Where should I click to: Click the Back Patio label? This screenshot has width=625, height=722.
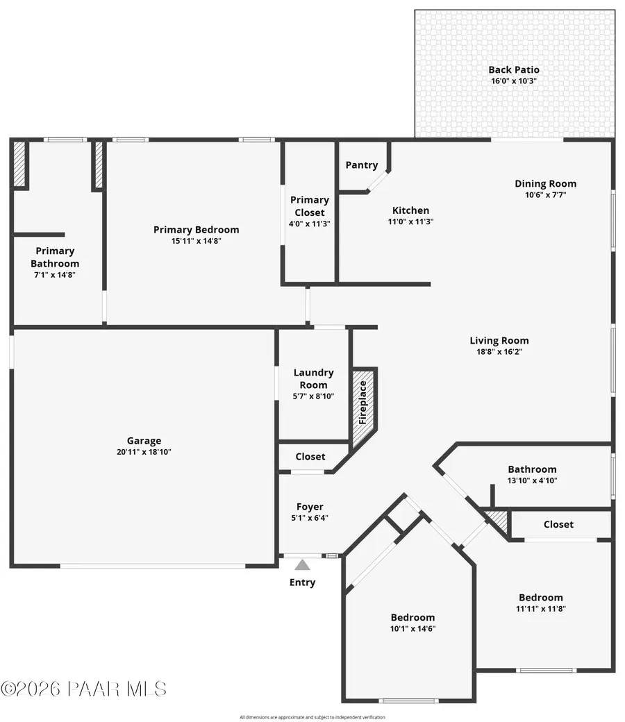point(514,69)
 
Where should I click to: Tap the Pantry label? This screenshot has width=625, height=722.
point(362,165)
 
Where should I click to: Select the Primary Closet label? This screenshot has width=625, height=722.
point(310,206)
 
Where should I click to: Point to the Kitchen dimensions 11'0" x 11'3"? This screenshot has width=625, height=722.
point(410,222)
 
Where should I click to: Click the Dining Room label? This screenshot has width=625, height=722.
point(545,184)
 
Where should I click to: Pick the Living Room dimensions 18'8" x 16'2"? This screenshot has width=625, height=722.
point(499,352)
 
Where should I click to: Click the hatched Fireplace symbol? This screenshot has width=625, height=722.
point(362,408)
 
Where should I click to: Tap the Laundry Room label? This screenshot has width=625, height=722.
point(313,379)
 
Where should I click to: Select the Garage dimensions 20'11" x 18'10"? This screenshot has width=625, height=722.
point(144,452)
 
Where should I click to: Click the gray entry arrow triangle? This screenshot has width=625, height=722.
point(302,564)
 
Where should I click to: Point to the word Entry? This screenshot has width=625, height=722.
point(302,582)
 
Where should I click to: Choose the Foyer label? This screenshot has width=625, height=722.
point(310,507)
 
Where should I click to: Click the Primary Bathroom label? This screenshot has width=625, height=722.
point(55,257)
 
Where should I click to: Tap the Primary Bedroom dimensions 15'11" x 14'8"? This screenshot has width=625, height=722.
point(196,241)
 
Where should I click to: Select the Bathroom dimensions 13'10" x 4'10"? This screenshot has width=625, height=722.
point(532,480)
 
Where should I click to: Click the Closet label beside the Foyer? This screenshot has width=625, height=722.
point(310,457)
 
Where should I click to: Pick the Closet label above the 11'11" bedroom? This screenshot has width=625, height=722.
point(558,524)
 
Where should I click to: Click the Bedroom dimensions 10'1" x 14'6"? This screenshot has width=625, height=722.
point(412,629)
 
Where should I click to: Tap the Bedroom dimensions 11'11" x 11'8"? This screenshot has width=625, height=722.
point(541,609)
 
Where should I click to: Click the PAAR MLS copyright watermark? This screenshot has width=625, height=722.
point(83,689)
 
